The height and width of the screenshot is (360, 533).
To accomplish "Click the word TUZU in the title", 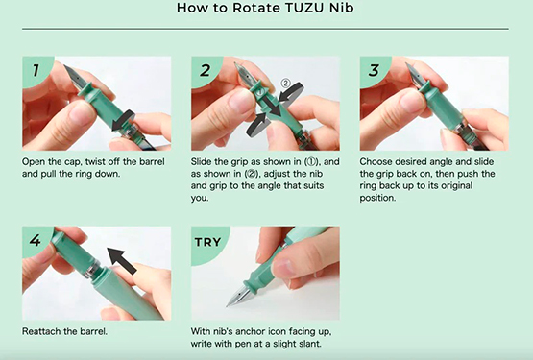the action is [x=304, y=8].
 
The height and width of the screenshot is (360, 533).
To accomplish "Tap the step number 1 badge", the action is [x=36, y=71].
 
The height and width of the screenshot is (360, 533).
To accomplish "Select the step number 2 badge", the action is [x=205, y=71].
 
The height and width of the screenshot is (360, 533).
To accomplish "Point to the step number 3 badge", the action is [x=374, y=71].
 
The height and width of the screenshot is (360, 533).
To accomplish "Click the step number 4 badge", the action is [x=36, y=240].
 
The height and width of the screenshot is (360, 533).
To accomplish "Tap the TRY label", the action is [x=207, y=242].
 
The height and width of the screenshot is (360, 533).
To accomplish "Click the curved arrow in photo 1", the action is [x=123, y=122].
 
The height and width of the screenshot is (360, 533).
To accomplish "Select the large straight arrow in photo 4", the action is [x=122, y=261].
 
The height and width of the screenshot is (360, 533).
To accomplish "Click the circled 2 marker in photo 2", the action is [x=285, y=84].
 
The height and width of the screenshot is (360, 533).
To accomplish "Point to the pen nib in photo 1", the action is [x=74, y=77].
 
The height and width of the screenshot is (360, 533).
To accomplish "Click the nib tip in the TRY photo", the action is [x=227, y=305].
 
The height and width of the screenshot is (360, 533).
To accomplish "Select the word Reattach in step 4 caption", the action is [x=41, y=331].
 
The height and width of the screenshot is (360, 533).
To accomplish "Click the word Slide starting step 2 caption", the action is [x=201, y=162].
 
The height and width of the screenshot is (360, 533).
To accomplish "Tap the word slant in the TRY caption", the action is [x=310, y=344].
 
